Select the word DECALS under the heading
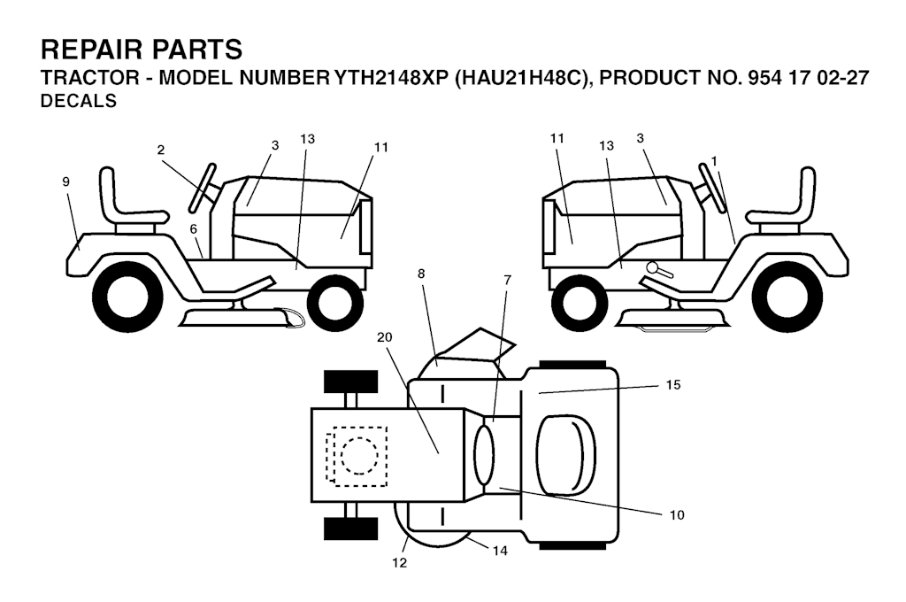[x=79, y=101]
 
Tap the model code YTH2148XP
[x=391, y=78]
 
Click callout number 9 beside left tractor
[x=65, y=181]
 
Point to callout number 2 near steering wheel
[x=161, y=150]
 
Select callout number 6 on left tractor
[x=194, y=229]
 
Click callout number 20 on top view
[x=384, y=336]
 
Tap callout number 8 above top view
[x=421, y=274]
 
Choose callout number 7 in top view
[x=507, y=280]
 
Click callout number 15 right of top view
[x=673, y=384]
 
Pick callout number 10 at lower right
[x=677, y=514]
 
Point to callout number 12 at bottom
[x=399, y=562]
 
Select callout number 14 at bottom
[x=500, y=551]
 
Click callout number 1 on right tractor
[x=714, y=161]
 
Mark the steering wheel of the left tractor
[x=203, y=188]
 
